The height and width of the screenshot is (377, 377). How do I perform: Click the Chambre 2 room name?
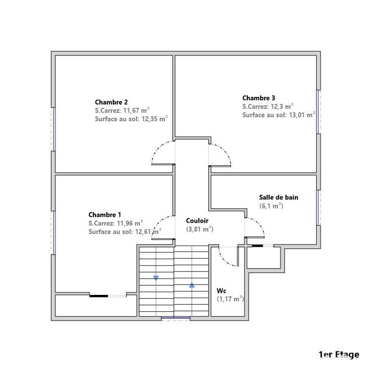coord(111,102)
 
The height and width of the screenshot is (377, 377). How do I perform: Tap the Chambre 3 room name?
coord(258,98)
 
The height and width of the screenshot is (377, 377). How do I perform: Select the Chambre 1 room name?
coord(104,215)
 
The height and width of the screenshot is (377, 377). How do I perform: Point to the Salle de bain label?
coord(279,197)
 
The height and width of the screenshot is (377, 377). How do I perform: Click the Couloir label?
coord(197,221)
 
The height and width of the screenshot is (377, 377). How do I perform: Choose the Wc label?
coord(222,291)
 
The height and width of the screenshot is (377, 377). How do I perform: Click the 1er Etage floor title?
coord(339,355)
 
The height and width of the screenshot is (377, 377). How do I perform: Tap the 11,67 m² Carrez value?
coord(137,110)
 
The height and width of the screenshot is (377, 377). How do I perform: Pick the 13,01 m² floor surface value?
coord(302,115)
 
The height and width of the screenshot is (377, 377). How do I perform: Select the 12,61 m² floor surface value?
coord(148,232)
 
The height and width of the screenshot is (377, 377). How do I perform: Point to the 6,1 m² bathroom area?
coord(271,206)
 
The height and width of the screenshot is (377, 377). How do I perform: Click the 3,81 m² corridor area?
coord(200,229)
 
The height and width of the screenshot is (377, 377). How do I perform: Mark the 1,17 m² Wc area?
coord(231,299)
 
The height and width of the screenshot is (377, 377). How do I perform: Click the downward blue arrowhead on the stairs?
coord(156,279)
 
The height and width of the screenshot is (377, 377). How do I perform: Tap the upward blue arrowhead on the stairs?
coord(191,285)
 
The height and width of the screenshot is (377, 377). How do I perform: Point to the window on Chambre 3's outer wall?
coord(318,112)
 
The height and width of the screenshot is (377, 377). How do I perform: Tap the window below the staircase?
coord(176,319)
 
